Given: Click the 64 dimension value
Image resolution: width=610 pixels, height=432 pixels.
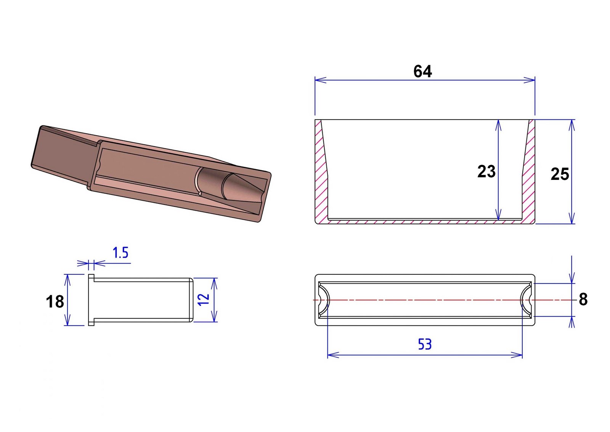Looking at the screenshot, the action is click(x=422, y=71).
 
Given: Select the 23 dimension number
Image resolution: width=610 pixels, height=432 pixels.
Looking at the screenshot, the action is click(x=486, y=172).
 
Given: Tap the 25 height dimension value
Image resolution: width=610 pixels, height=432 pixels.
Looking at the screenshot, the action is click(x=560, y=174).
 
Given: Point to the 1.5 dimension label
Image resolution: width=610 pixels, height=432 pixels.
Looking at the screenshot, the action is click(x=120, y=253).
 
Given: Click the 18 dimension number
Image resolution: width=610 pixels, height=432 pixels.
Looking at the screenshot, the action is click(x=55, y=302).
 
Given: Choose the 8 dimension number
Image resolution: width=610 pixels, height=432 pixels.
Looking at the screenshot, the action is click(x=583, y=299).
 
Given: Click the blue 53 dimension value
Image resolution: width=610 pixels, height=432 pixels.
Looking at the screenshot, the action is click(x=425, y=344).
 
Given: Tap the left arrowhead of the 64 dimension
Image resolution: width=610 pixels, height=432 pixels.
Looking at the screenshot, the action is click(x=321, y=80).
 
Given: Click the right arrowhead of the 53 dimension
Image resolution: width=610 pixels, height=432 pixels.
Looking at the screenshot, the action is click(x=517, y=355).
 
